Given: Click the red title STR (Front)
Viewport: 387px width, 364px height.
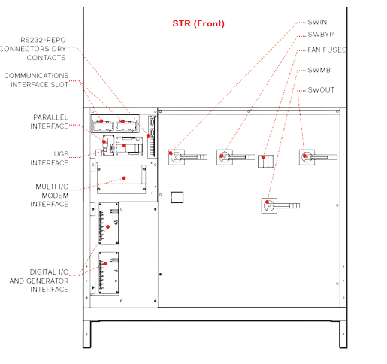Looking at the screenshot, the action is [198, 23].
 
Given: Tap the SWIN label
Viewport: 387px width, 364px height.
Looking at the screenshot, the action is [317, 22].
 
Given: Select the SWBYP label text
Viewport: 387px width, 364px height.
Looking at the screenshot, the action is [321, 35].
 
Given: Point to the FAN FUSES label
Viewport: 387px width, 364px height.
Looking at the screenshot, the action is [327, 50].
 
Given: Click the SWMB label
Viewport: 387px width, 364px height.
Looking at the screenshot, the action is [319, 70].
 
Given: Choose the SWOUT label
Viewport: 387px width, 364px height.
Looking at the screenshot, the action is [321, 89].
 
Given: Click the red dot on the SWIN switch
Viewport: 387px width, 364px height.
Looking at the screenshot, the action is [171, 153].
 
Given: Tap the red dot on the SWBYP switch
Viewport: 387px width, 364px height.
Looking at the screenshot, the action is [222, 156].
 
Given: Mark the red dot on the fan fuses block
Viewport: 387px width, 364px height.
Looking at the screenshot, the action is [263, 157].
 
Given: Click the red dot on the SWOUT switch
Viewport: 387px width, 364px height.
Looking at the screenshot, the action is [304, 156].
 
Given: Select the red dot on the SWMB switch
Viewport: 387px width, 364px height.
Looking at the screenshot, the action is [267, 202].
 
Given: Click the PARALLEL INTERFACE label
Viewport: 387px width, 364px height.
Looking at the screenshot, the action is [50, 122].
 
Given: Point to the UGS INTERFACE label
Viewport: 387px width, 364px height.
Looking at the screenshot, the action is [50, 159].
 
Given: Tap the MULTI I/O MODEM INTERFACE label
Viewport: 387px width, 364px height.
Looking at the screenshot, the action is [50, 196].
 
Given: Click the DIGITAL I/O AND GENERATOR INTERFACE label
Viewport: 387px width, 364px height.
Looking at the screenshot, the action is [39, 281].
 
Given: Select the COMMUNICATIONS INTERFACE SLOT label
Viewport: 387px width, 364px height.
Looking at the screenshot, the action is [36, 80].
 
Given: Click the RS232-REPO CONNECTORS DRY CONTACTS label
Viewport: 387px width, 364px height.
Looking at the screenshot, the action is [33, 49].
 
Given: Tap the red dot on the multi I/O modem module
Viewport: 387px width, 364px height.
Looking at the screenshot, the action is [124, 178].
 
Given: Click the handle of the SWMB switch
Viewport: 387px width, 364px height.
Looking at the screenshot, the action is [286, 206].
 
